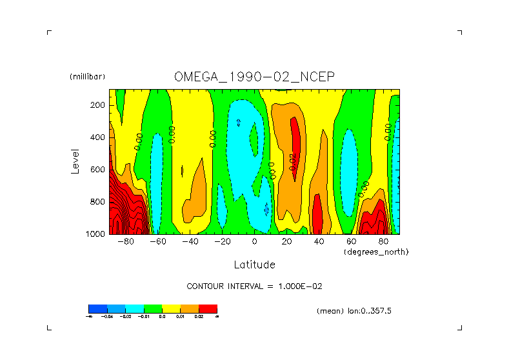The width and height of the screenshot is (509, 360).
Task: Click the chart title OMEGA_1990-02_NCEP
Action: [x=254, y=77]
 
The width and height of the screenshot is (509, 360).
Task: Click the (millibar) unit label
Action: [x=87, y=77]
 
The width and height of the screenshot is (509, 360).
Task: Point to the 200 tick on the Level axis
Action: [x=98, y=105]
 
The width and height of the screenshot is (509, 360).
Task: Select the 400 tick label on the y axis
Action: [x=98, y=137]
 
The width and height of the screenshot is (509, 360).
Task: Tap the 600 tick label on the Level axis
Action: [x=98, y=170]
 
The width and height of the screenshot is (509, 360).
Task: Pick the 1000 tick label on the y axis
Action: [x=95, y=234]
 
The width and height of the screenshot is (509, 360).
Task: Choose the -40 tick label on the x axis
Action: [x=190, y=243]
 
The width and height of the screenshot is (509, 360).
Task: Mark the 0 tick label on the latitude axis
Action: [x=254, y=243]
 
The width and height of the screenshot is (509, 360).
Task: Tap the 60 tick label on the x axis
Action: [x=351, y=243]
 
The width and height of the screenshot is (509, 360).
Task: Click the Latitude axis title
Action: [x=254, y=265]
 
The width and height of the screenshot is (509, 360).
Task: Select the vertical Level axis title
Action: [x=75, y=161]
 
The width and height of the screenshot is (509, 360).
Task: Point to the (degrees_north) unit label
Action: [x=376, y=252]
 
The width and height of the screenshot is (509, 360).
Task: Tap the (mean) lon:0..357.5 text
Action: [x=354, y=311]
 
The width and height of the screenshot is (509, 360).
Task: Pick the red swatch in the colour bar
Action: [x=208, y=308]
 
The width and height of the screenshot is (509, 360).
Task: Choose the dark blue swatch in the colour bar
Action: [x=97, y=308]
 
